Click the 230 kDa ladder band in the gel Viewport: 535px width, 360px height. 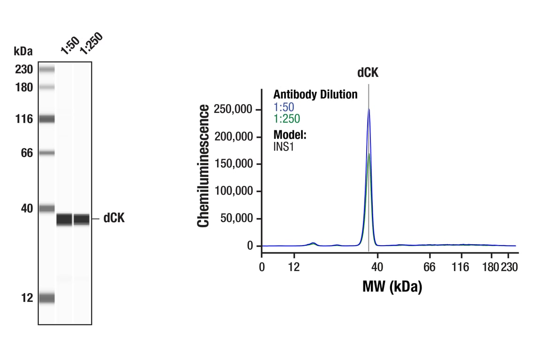[47, 70]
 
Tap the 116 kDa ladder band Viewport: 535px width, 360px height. [47, 119]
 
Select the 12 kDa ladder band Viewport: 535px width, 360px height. [47, 298]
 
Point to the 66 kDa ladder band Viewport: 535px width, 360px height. [47, 153]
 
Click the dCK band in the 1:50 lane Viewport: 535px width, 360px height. [64, 219]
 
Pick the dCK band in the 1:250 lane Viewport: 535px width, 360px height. [82, 219]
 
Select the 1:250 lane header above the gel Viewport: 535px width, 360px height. [90, 44]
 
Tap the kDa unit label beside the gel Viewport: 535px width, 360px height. [23, 51]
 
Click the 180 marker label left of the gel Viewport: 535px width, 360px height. [23, 87]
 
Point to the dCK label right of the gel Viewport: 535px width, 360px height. [114, 218]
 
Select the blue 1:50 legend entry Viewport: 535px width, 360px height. [284, 107]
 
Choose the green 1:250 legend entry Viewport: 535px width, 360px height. [286, 119]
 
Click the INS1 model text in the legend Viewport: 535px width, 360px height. [283, 146]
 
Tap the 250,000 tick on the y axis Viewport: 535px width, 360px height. [234, 110]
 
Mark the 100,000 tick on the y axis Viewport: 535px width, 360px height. [234, 191]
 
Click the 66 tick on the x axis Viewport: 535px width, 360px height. [429, 267]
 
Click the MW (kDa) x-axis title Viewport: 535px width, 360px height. [392, 286]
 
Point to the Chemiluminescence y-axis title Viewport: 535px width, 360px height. [203, 166]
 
